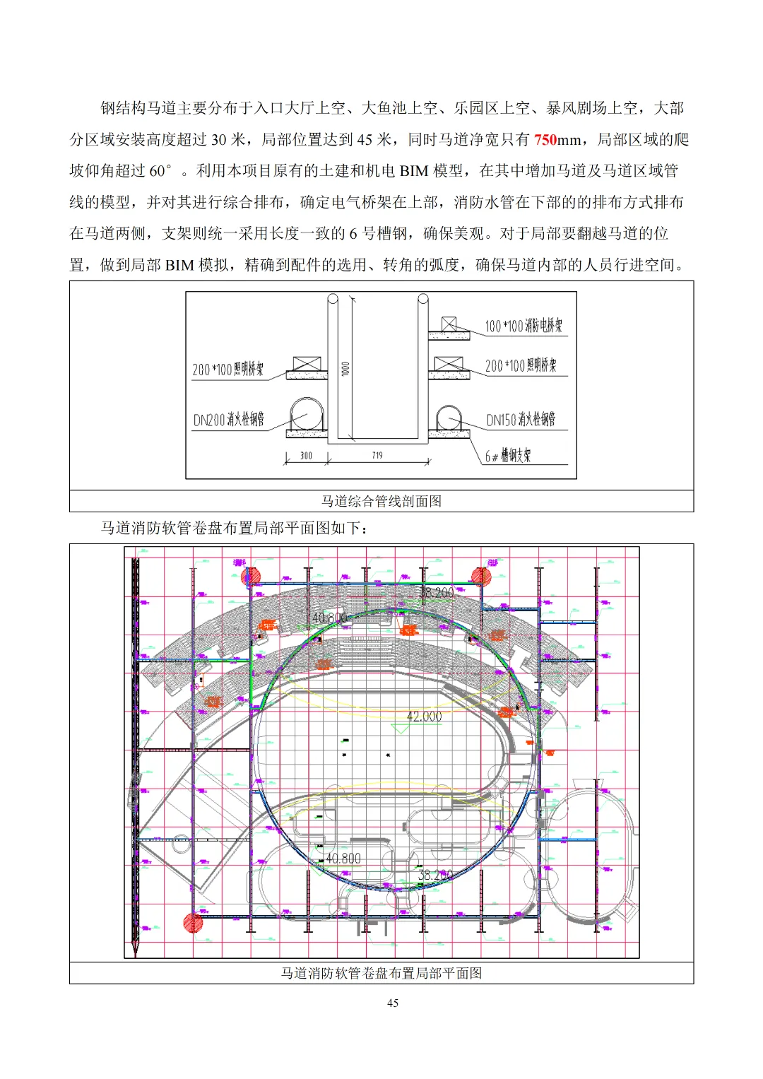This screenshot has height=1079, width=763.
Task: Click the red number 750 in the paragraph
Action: [545, 140]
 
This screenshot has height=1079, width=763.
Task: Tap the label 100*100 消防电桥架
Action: [524, 326]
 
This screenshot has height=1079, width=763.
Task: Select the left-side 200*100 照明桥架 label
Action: [227, 370]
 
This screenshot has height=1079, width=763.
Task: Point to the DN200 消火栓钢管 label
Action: [228, 420]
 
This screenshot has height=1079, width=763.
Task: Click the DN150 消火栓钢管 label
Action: [521, 420]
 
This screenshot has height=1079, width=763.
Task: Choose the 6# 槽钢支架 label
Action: [507, 456]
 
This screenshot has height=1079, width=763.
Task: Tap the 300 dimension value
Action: [306, 456]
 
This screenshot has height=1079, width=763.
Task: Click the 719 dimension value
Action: [377, 456]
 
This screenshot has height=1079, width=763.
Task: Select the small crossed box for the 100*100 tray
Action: [449, 324]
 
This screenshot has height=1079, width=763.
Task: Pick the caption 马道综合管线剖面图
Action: [381, 501]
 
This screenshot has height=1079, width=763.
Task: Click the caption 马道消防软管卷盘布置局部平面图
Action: [381, 973]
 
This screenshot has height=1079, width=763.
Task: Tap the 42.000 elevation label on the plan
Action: [424, 717]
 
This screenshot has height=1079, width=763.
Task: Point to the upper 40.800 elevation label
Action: [329, 618]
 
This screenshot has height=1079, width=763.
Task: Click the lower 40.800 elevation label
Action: [343, 859]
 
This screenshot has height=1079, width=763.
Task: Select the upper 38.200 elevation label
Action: [437, 593]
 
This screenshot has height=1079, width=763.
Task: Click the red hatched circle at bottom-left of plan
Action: [193, 922]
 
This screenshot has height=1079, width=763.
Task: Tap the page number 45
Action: [393, 1003]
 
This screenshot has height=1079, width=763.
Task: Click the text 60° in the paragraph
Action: [160, 171]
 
